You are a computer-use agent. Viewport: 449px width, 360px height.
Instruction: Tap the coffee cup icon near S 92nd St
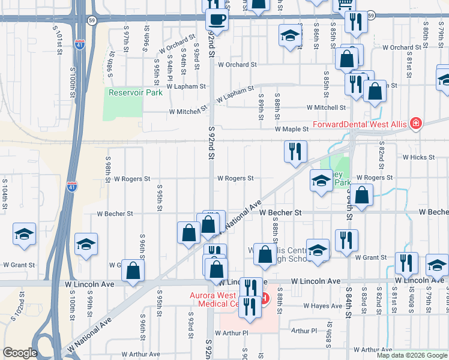216,19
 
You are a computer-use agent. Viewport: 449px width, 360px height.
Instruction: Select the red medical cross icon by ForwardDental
415,125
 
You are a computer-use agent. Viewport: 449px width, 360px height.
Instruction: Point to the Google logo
20,353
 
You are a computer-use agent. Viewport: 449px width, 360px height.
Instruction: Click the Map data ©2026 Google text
412,355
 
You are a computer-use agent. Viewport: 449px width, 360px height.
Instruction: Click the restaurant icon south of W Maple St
295,152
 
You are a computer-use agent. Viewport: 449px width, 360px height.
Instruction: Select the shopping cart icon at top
345,4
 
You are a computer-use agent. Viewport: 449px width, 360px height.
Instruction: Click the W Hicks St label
418,157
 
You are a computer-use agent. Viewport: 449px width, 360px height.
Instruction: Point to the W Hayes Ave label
322,306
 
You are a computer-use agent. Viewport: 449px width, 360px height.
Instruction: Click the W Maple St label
292,129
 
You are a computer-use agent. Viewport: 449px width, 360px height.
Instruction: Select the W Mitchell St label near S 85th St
326,108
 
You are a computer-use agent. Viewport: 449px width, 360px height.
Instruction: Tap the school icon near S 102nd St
24,234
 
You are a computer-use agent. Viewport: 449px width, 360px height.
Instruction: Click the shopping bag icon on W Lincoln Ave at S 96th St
133,271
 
